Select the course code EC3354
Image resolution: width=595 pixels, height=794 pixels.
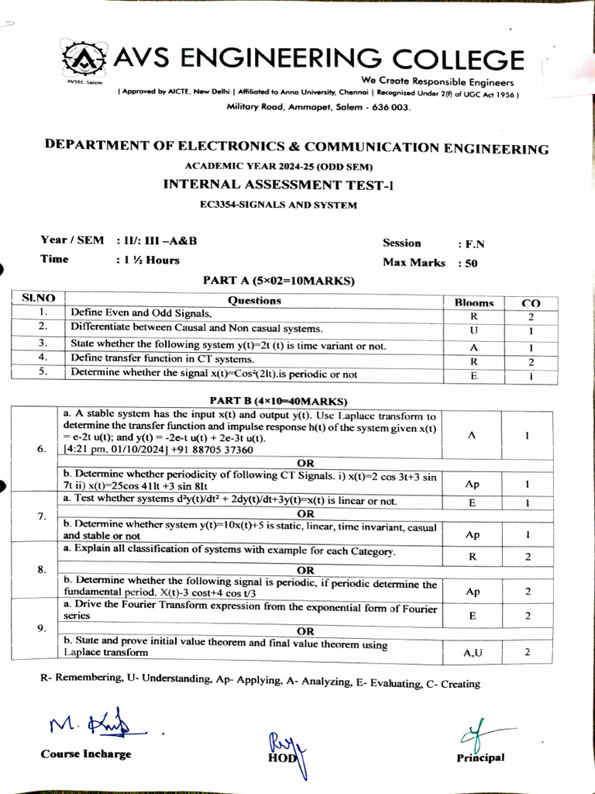click(x=222, y=205)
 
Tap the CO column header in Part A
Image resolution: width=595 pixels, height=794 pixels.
click(x=531, y=302)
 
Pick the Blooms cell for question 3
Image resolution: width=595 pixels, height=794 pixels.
click(x=473, y=346)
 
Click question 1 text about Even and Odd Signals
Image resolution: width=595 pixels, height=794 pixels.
click(x=141, y=313)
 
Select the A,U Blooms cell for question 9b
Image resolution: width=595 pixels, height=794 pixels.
click(x=473, y=653)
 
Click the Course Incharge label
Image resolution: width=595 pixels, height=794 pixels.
click(x=85, y=754)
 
